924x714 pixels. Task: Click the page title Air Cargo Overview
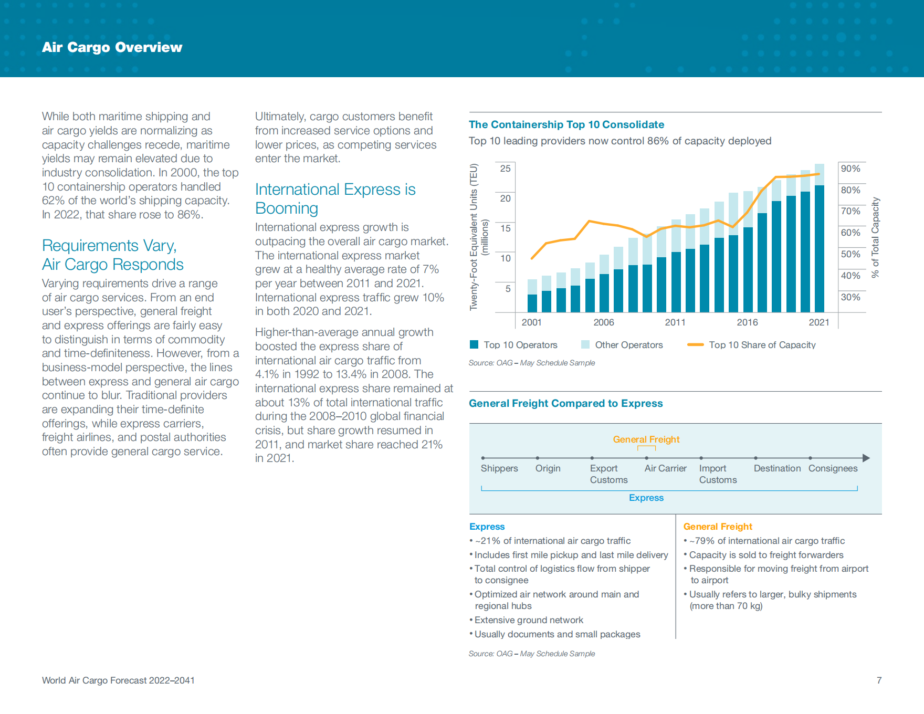112,47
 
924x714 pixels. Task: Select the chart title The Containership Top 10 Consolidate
566,124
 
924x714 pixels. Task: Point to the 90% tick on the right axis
850,169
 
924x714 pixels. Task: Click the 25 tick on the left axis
505,169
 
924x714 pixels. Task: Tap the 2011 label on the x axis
675,322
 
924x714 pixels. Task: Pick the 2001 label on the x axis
531,322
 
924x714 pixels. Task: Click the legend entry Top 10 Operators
513,345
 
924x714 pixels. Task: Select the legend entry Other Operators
622,345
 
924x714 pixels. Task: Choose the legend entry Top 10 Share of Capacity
751,345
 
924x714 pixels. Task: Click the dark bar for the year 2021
819,249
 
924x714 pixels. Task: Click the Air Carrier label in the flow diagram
665,468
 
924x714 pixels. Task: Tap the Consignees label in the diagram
833,468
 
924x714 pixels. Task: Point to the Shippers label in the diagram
499,468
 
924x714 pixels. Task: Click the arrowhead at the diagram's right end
866,458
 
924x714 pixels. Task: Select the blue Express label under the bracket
646,498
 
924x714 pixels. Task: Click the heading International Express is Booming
335,199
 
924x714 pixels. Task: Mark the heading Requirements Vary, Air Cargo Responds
113,255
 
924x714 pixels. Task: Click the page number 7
879,680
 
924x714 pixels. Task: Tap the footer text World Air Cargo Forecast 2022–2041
118,680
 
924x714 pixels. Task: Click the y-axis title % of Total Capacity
875,237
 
